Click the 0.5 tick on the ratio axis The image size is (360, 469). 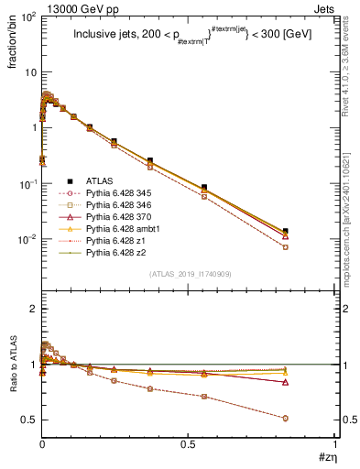29,420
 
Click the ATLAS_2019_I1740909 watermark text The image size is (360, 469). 189,274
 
